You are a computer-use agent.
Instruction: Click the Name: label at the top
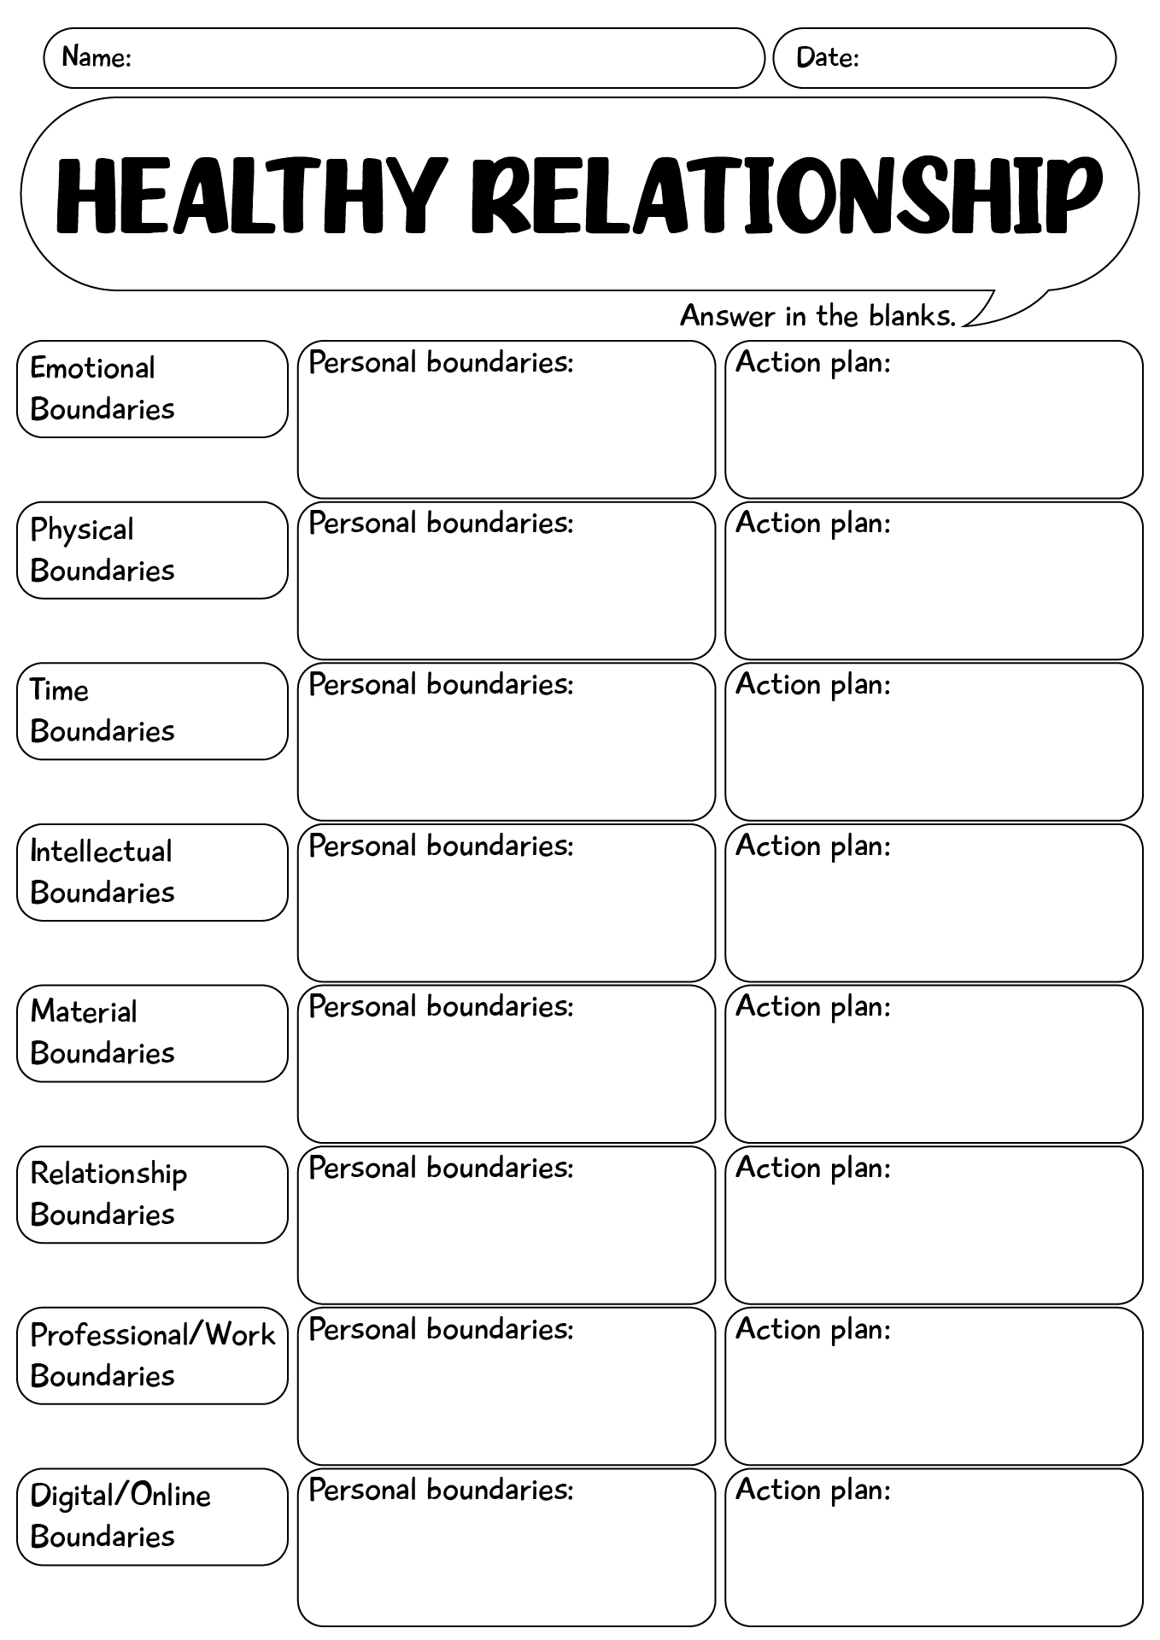point(96,57)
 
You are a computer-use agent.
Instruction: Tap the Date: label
point(827,57)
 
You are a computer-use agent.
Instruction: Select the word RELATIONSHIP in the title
point(785,196)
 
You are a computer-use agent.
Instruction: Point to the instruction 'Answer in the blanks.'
point(817,316)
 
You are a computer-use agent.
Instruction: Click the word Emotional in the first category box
point(92,368)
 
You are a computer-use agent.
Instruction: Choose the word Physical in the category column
point(82,530)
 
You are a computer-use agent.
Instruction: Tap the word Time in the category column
point(59,690)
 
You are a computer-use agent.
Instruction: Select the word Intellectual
point(101,851)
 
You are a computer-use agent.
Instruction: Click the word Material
point(84,1012)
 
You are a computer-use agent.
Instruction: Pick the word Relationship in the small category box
point(108,1174)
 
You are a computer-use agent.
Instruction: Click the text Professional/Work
point(153,1334)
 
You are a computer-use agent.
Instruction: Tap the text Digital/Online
point(120,1496)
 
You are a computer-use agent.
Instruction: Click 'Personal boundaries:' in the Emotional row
point(440,362)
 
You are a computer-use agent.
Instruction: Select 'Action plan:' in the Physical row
point(812,523)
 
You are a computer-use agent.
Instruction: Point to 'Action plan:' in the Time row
point(812,684)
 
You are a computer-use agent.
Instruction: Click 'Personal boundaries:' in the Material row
point(440,1006)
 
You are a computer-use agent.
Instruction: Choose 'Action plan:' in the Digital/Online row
point(812,1490)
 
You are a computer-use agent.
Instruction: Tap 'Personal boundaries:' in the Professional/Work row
point(440,1329)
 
